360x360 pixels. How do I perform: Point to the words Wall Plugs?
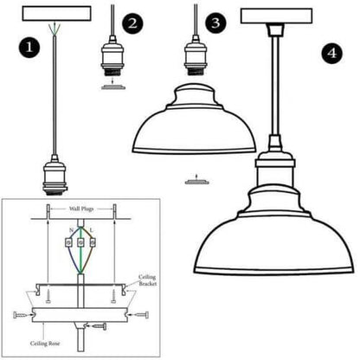click(87, 211)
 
